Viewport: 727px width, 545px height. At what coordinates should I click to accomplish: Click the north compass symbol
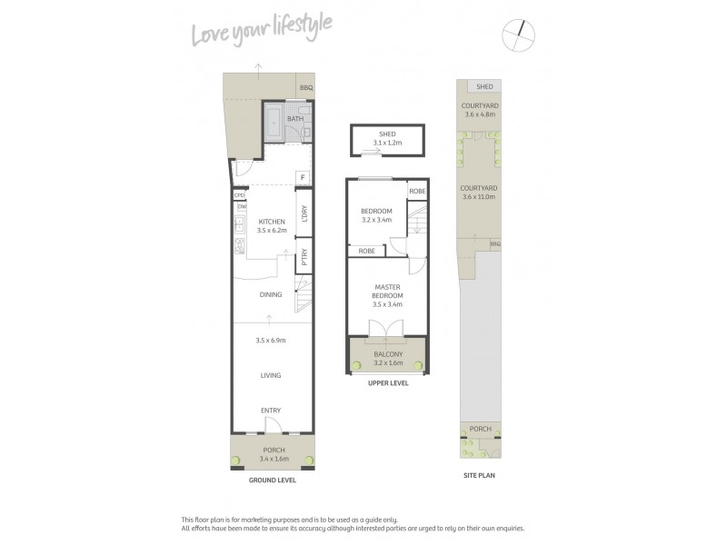[521, 35]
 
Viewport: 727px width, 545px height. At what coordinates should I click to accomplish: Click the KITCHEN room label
[272, 222]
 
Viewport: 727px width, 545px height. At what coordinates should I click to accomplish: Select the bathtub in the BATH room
[274, 124]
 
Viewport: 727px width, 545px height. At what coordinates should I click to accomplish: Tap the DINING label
[271, 294]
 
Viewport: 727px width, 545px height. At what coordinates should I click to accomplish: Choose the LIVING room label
[271, 375]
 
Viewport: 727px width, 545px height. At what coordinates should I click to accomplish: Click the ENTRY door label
[271, 411]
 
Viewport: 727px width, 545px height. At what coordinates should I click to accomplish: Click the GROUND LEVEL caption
[271, 479]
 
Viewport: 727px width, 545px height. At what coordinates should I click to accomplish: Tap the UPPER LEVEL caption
[388, 383]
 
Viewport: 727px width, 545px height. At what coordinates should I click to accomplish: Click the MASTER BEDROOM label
[388, 292]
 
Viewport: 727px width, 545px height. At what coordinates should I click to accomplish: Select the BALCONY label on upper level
[388, 354]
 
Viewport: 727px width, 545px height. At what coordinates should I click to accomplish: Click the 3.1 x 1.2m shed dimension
[388, 143]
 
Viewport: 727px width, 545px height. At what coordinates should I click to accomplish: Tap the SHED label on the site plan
[485, 86]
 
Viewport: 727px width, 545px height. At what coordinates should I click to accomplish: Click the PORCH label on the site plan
[480, 430]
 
